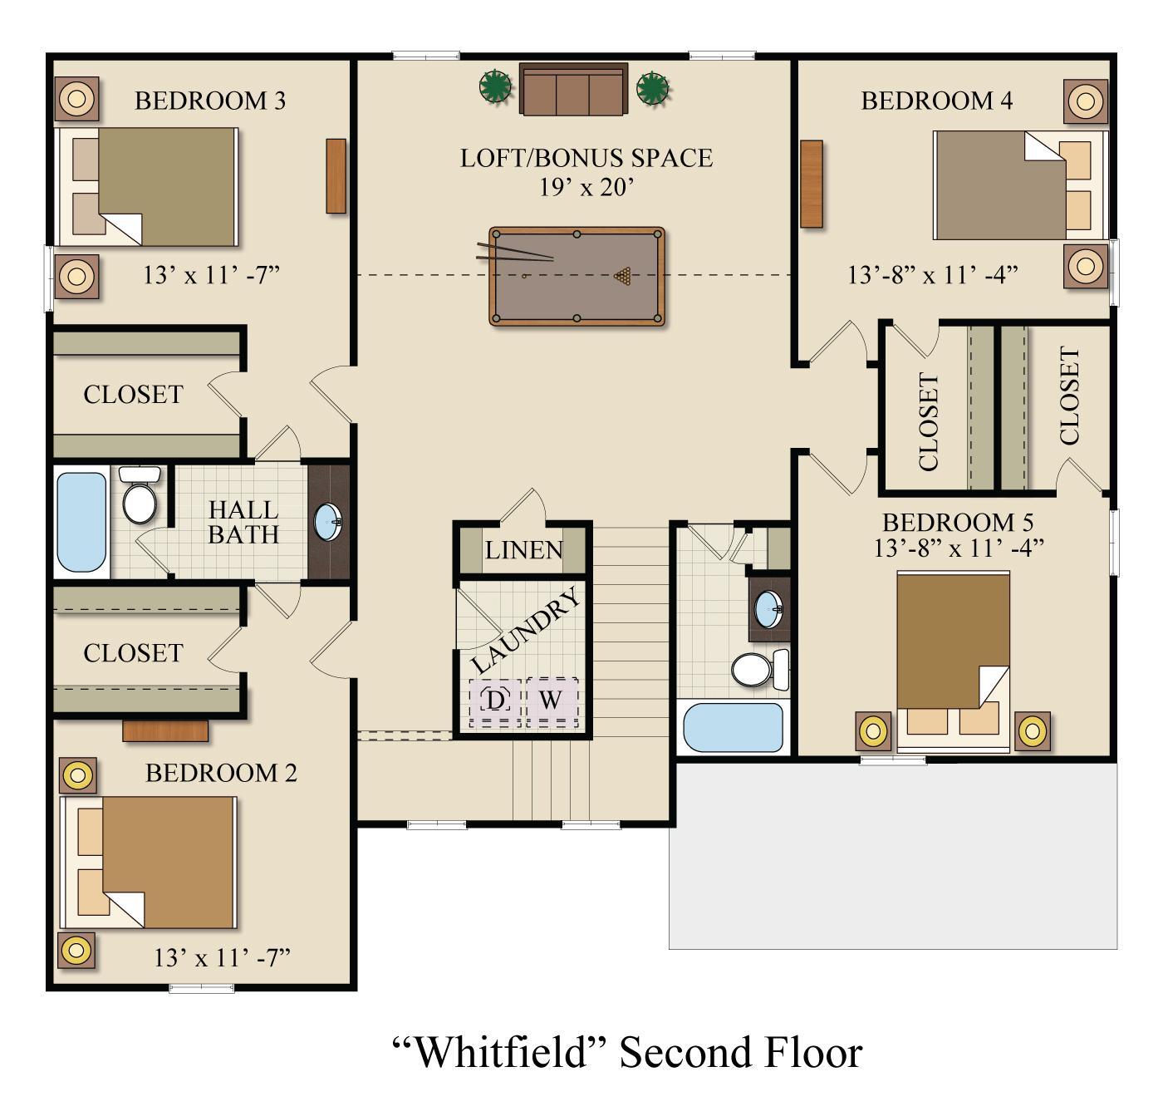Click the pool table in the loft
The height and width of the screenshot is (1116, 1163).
577,276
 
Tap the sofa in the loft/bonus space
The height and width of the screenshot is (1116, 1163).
573,89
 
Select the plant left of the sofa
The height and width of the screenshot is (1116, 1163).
496,86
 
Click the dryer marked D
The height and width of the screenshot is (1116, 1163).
495,701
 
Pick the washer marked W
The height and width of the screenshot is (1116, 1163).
551,701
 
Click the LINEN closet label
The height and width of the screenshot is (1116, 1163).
524,550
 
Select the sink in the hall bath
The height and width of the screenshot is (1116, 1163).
327,522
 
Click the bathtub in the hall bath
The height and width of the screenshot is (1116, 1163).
81,521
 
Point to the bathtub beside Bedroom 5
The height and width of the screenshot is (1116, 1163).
733,727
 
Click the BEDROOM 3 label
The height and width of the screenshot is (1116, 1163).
210,101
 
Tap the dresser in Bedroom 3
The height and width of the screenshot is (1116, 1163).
336,176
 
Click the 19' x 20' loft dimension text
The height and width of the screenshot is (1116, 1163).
587,188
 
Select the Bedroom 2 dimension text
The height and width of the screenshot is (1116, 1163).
222,958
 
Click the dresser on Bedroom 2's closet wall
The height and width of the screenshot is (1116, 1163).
165,730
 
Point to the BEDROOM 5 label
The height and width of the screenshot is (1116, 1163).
958,523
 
